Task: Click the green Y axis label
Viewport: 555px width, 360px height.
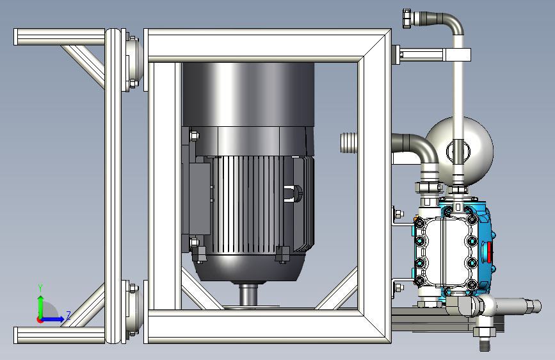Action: point(40,288)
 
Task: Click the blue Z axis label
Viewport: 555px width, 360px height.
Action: point(68,315)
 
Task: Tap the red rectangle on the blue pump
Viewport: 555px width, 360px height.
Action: point(490,252)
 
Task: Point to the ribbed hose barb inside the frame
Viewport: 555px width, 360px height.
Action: point(349,143)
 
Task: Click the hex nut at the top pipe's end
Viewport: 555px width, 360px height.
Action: point(406,19)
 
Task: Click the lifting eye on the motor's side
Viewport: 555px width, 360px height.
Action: point(293,193)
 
